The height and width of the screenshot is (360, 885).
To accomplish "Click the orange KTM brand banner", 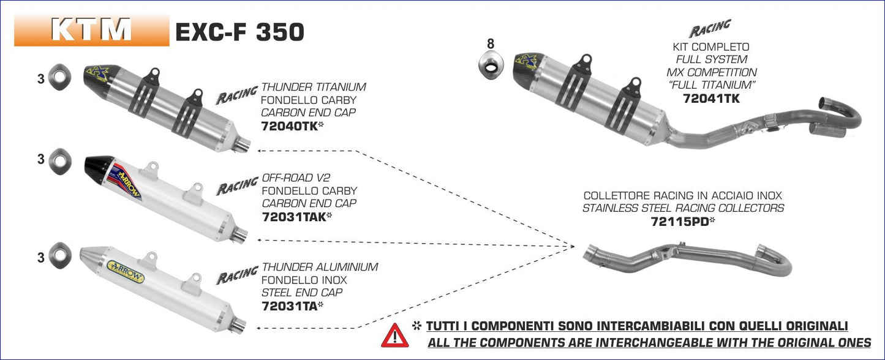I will point(91,29).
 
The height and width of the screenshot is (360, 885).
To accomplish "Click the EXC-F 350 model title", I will point(239,32).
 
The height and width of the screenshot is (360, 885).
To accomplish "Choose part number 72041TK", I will point(711,98).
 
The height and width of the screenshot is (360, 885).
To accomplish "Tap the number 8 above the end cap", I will point(490,44).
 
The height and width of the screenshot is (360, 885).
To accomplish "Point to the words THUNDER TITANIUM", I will point(314,87).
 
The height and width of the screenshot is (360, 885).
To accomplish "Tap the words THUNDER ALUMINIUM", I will point(320,267).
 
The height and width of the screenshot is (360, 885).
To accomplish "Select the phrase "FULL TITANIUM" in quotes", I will point(711,85).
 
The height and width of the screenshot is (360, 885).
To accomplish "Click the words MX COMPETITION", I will point(711,72).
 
